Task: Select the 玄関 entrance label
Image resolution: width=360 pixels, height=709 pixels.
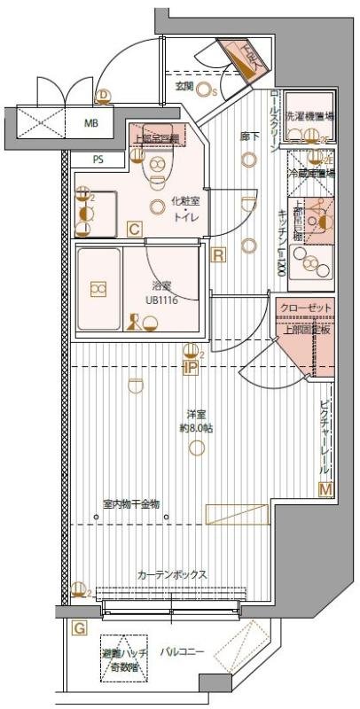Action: (x=184, y=86)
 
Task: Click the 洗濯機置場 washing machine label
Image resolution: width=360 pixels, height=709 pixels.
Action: (x=315, y=116)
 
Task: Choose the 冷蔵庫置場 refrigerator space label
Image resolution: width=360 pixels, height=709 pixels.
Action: (x=312, y=174)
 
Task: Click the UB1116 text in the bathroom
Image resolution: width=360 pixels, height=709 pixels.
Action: (x=161, y=300)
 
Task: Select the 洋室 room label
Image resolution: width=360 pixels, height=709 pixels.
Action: (x=196, y=414)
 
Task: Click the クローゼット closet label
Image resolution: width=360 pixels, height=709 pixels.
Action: (x=305, y=307)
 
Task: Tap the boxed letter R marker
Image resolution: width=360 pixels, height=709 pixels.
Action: (x=219, y=255)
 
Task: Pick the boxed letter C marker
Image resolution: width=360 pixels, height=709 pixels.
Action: (x=134, y=230)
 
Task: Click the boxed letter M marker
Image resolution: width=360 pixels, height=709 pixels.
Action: (x=325, y=489)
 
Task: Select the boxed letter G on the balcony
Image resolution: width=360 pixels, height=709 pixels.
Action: (x=79, y=628)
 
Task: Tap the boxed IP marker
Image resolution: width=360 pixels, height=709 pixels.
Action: (x=190, y=367)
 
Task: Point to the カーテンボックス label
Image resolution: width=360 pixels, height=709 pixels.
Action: (x=172, y=575)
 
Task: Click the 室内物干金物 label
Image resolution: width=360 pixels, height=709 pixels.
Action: (x=130, y=504)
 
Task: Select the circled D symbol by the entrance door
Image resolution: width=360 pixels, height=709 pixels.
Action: (x=104, y=95)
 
